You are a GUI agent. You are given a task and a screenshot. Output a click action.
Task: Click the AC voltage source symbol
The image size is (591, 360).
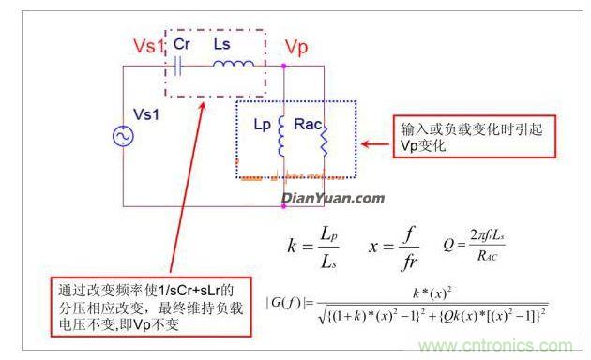point(123,138)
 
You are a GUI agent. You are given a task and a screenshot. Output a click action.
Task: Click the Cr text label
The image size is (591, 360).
point(184,44)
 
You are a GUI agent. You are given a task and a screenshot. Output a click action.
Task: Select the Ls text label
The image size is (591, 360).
point(224,44)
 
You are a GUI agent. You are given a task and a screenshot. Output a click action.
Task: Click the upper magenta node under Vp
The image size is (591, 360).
point(283,67)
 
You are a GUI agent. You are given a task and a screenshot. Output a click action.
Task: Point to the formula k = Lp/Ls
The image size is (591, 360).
point(310,247)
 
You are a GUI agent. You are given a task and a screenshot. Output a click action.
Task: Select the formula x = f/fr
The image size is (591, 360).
point(385,247)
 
